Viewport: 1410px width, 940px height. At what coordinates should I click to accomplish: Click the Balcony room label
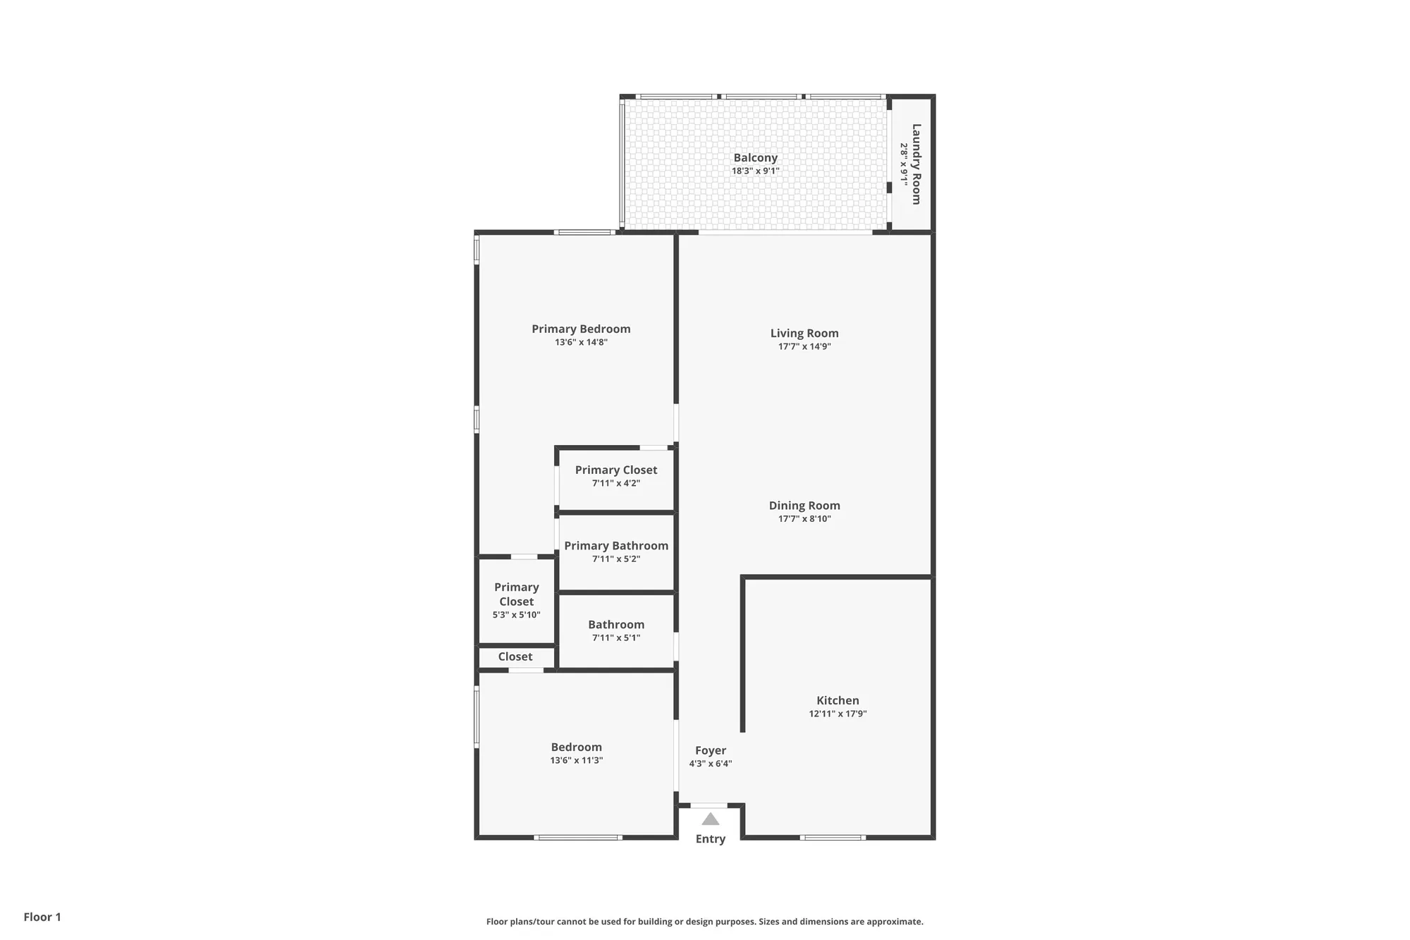point(755,158)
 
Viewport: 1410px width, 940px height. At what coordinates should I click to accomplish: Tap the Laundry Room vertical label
point(916,164)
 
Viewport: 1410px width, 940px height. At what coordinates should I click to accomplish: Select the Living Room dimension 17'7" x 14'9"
point(804,346)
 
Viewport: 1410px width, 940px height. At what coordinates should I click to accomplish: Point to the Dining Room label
point(804,506)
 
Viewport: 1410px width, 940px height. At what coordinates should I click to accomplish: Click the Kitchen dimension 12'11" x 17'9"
point(838,714)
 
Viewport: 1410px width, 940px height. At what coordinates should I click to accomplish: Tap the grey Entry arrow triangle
point(711,819)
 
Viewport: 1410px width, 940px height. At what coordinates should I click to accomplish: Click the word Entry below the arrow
point(710,838)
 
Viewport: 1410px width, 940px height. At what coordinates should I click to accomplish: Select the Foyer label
point(710,750)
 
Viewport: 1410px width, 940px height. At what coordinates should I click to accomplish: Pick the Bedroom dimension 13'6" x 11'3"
point(576,760)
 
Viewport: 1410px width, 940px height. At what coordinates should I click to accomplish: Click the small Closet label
point(515,657)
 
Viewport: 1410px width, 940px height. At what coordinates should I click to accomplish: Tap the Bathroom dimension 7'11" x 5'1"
point(615,637)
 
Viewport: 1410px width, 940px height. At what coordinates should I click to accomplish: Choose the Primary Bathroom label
point(615,546)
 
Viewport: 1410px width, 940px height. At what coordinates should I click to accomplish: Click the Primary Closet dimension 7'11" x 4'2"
point(615,483)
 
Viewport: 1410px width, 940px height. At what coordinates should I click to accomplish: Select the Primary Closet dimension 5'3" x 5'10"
point(516,615)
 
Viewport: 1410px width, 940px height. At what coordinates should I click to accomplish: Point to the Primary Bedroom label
point(581,329)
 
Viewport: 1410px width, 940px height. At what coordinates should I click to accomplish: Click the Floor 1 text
point(42,917)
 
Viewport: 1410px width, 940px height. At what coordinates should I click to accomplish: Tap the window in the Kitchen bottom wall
point(832,838)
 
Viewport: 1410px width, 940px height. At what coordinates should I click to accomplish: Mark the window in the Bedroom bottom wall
point(577,838)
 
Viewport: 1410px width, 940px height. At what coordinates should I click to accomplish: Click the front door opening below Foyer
point(709,805)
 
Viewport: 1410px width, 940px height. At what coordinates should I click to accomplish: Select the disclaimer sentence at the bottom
point(704,922)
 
